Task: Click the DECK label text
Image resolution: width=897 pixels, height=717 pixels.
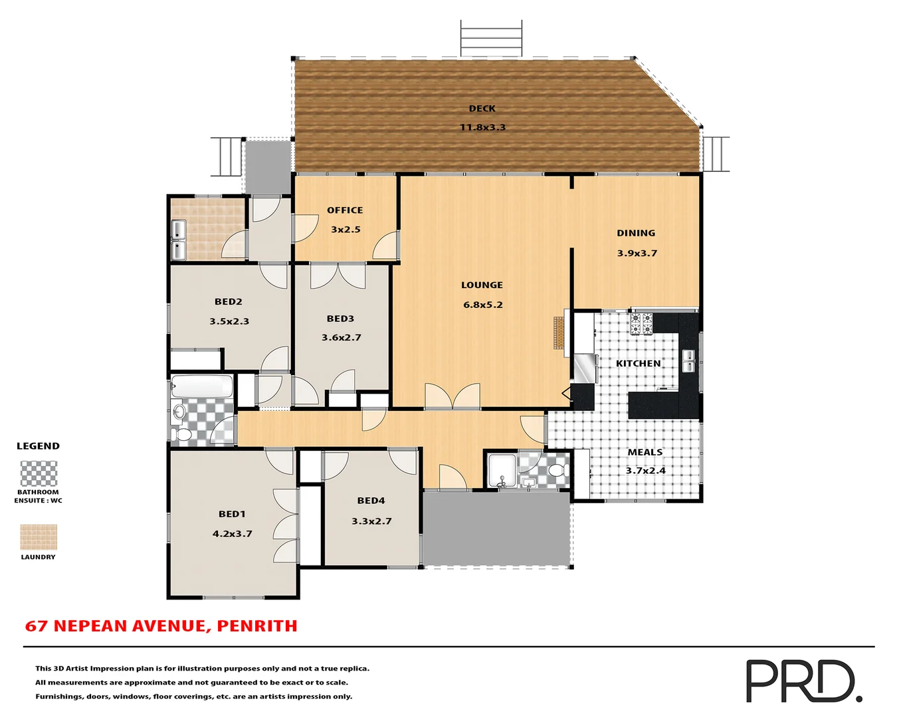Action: (482, 108)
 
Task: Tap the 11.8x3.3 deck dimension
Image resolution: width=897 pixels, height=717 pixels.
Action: (482, 127)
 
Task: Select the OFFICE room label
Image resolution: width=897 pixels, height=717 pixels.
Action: (345, 210)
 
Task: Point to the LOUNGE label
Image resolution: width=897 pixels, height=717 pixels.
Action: (482, 285)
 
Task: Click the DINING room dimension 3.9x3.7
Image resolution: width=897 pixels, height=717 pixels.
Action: (637, 253)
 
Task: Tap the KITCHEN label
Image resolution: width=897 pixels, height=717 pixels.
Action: (638, 364)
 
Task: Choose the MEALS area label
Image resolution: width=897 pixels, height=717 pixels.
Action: (645, 452)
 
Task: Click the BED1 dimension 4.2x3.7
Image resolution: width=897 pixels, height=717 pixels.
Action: (232, 534)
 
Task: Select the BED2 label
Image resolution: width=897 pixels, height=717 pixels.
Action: (228, 302)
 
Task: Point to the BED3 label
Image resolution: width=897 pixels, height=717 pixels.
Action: (340, 319)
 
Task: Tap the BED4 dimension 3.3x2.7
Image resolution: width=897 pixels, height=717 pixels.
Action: (371, 521)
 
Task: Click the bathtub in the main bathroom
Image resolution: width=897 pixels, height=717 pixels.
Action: (202, 386)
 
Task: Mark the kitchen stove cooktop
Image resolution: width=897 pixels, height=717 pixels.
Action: (641, 323)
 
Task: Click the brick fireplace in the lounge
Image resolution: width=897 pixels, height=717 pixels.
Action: (559, 333)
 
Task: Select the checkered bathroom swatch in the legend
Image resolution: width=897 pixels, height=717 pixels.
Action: (39, 474)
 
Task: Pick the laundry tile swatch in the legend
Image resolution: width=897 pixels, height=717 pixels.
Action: (39, 537)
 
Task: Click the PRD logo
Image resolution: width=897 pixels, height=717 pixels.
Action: (803, 681)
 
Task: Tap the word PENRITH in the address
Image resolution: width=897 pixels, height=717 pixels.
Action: (257, 626)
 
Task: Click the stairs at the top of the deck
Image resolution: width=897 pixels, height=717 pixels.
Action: (491, 39)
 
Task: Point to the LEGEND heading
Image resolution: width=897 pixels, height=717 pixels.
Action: (38, 446)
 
